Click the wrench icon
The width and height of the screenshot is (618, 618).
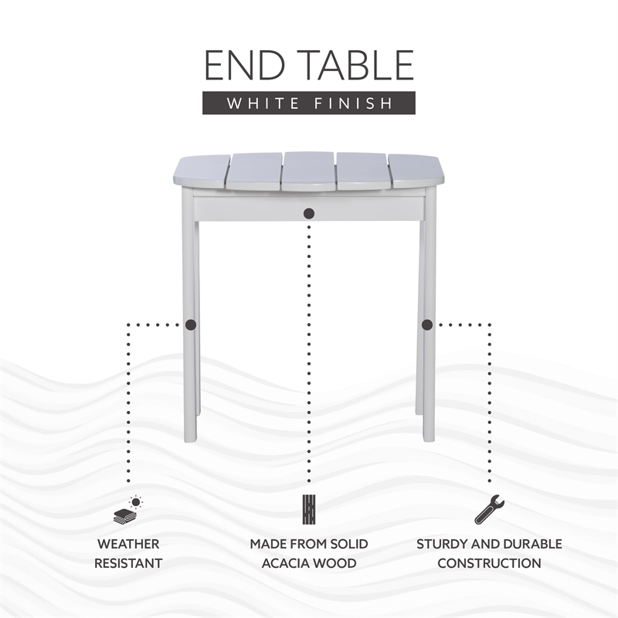pos(489,510)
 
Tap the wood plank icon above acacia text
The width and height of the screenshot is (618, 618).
pos(309,510)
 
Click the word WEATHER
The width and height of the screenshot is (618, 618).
pos(127,544)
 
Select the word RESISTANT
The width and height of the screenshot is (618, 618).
pos(127,563)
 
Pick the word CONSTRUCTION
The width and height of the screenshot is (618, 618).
pos(489,563)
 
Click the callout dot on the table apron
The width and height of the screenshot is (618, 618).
pos(309,212)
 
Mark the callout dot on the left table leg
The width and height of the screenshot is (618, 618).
pos(191,325)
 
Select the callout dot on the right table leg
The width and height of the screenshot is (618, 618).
pos(427,325)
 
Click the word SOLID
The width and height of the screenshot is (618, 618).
pos(347,544)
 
